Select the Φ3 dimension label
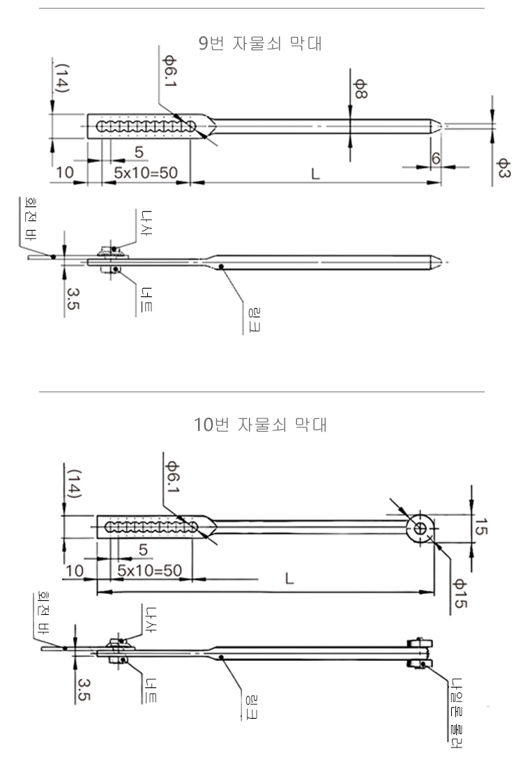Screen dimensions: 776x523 coord(501,167)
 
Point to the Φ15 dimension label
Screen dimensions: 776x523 coord(459,593)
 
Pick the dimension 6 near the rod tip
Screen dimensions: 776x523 coord(436,158)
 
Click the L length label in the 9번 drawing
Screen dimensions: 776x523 coord(316,173)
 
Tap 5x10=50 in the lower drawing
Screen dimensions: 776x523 coord(149,570)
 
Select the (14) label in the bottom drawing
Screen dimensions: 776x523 coord(72,483)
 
